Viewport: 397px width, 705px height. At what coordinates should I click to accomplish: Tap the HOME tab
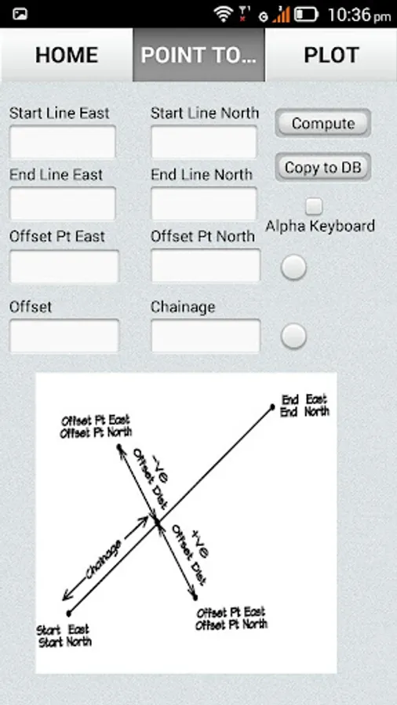(67, 55)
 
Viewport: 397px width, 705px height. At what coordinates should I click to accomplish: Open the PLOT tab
(331, 55)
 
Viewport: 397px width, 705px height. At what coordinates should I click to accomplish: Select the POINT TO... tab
(198, 55)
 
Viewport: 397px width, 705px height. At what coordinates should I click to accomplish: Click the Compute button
(323, 123)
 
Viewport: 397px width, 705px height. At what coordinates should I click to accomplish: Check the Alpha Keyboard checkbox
(314, 206)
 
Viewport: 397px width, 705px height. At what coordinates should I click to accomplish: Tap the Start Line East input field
(63, 142)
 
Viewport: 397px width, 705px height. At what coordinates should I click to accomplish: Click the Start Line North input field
(204, 142)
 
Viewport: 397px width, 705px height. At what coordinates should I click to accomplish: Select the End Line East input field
(63, 204)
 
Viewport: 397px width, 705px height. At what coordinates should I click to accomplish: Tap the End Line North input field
(204, 204)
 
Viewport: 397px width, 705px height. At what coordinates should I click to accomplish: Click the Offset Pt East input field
(64, 266)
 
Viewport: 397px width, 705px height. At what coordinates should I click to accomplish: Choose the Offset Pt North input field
(206, 266)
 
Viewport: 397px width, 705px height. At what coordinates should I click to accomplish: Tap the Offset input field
(64, 336)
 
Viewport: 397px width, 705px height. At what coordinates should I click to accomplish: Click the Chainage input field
(206, 336)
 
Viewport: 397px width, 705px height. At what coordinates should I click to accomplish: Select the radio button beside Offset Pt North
(293, 268)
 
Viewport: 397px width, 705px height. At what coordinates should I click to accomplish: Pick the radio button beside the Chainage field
(293, 336)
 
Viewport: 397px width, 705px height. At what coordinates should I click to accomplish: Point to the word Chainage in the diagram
(104, 559)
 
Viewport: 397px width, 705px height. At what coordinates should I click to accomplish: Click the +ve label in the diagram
(200, 544)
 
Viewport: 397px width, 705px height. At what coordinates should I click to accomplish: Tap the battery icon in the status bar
(306, 14)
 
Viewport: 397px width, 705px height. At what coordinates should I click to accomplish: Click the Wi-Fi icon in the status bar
(223, 14)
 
